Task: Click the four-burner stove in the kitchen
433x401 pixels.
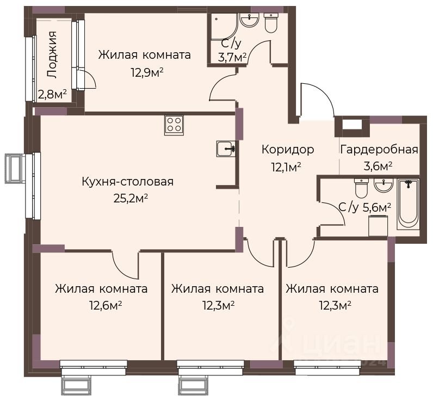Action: click(x=174, y=125)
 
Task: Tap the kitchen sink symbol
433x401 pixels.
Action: click(x=226, y=149)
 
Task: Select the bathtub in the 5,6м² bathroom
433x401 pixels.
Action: click(x=408, y=205)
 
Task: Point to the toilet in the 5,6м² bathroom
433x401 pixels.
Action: click(x=362, y=188)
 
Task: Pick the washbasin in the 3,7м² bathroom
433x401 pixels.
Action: click(x=249, y=20)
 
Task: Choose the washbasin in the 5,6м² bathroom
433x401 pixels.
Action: click(x=383, y=185)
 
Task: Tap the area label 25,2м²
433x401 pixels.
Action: click(x=131, y=198)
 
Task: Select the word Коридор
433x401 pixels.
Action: click(x=288, y=150)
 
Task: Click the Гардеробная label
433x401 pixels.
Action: click(x=379, y=150)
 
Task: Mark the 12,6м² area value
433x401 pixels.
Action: click(x=106, y=305)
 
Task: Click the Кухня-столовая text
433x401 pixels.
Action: click(x=128, y=182)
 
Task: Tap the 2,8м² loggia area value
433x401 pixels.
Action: click(x=52, y=95)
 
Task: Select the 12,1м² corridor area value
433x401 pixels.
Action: click(x=286, y=168)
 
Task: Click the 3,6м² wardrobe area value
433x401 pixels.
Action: click(x=378, y=166)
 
